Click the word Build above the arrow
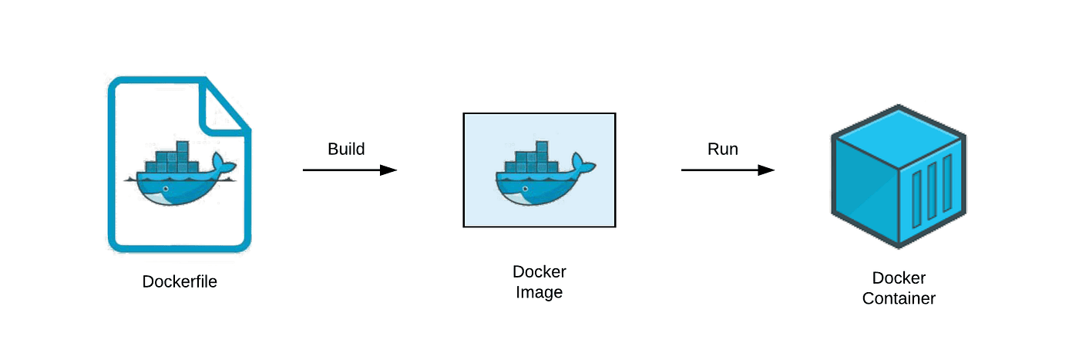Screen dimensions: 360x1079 (346, 149)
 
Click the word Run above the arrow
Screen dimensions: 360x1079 (722, 149)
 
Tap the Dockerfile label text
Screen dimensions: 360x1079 (180, 281)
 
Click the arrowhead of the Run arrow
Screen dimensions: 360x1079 (767, 170)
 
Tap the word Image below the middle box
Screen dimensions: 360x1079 (539, 293)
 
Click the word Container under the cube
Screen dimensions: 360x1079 (899, 298)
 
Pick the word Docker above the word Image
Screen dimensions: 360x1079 (539, 272)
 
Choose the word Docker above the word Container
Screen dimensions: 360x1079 (899, 278)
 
